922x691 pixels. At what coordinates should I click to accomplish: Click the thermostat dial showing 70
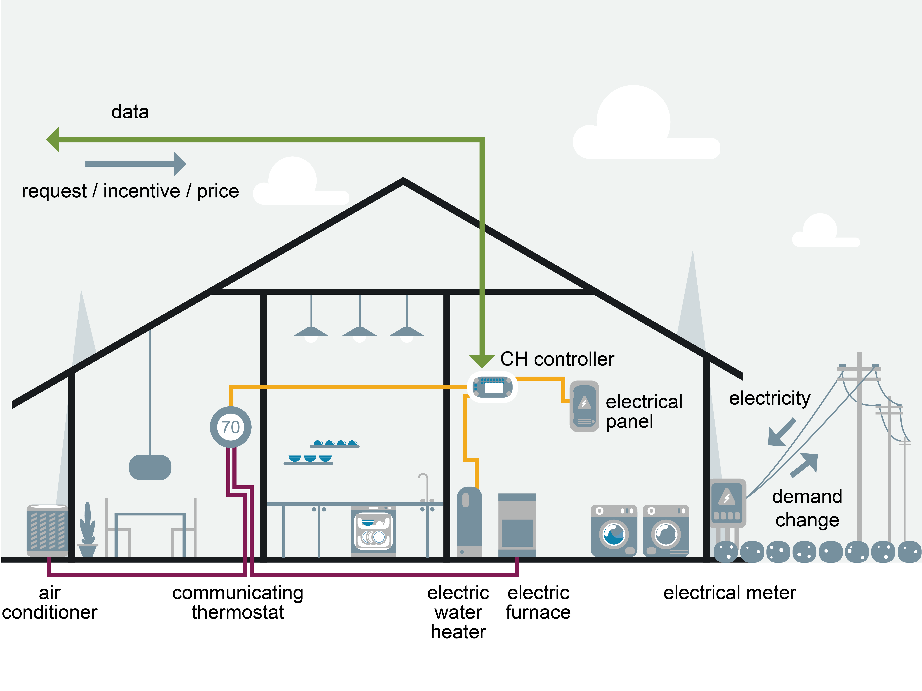pos(231,427)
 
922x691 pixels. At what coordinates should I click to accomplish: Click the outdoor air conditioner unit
pos(47,530)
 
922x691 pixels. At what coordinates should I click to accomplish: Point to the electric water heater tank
pos(469,521)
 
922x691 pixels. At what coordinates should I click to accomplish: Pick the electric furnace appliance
pos(517,525)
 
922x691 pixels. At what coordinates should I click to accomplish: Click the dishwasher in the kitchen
pos(373,531)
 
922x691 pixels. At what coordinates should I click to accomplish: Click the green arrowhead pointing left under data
pos(53,140)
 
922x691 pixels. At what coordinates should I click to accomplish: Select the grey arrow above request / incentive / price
pos(136,164)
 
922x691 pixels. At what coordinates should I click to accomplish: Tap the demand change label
pos(807,508)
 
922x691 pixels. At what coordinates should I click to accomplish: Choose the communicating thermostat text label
pos(238,602)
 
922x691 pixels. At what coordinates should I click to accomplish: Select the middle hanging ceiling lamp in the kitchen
pos(359,331)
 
